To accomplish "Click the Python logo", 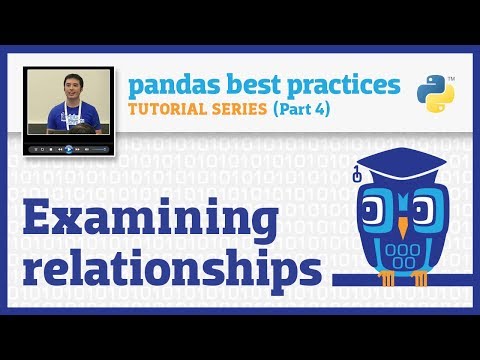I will [x=435, y=91].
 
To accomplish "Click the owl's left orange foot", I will [x=383, y=290].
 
